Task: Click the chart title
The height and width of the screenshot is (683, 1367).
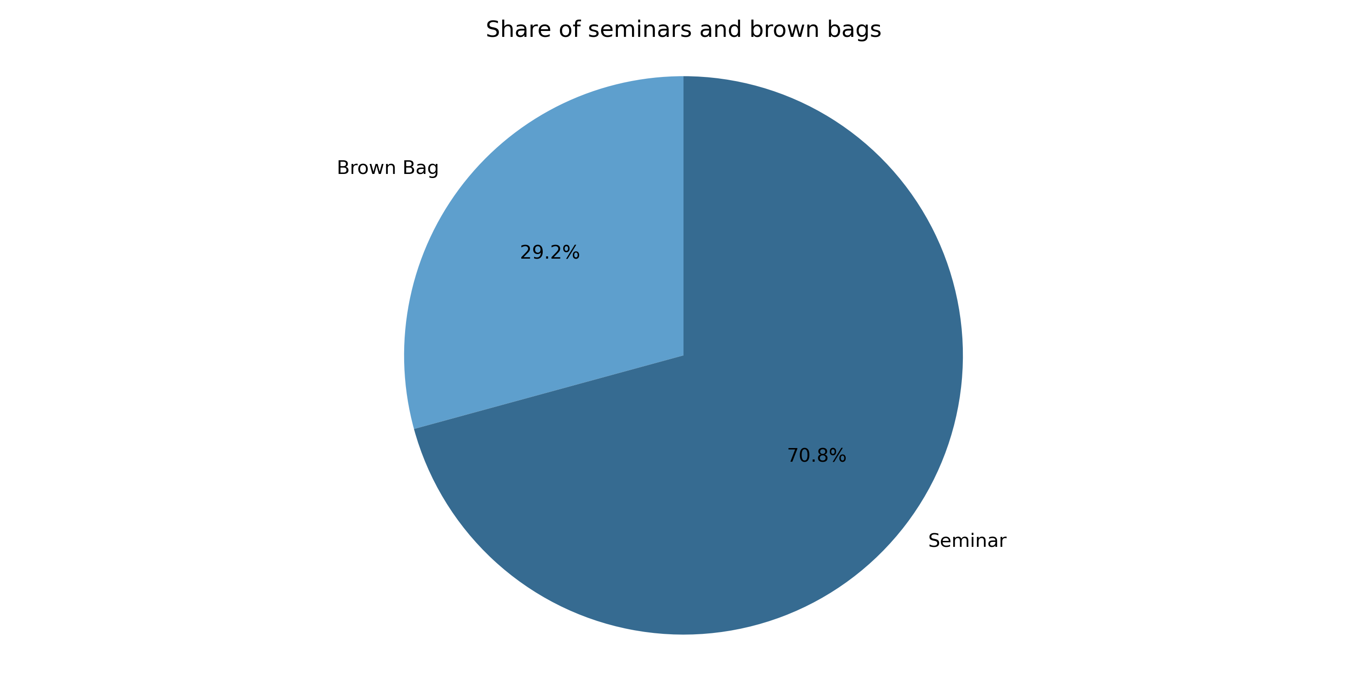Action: (x=683, y=29)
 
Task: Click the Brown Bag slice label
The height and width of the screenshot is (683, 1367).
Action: (x=388, y=168)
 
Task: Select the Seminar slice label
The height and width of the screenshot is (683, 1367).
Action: (x=967, y=541)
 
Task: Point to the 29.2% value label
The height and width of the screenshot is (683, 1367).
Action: (x=550, y=252)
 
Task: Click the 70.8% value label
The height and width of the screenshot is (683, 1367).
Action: (x=817, y=455)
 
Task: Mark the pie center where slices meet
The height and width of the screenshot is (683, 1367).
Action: (x=683, y=355)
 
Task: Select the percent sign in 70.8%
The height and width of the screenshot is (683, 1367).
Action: (x=838, y=455)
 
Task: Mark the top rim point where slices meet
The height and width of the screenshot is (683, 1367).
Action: (x=683, y=76)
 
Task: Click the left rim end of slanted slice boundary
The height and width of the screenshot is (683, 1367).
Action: (x=414, y=428)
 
